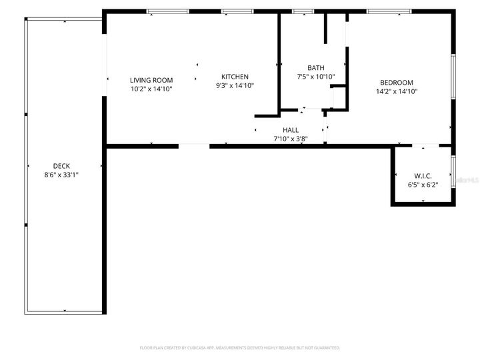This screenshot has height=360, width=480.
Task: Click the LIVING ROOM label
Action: [x=151, y=80]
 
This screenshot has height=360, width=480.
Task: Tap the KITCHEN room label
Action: [x=235, y=77]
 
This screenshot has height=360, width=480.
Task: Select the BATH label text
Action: [x=316, y=68]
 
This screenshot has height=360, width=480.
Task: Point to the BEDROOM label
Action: [x=397, y=83]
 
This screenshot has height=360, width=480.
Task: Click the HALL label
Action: [x=291, y=130]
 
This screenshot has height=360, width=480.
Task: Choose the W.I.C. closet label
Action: [x=423, y=175]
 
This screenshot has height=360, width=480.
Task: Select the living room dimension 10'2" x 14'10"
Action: [x=151, y=89]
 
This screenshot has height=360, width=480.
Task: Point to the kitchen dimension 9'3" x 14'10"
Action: [x=235, y=85]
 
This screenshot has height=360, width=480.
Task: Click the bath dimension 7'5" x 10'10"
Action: [x=316, y=77]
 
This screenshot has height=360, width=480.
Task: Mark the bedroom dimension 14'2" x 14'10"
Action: [x=397, y=91]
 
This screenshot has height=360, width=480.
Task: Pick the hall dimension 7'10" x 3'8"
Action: [x=291, y=139]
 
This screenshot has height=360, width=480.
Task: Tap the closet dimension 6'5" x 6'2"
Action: [x=423, y=184]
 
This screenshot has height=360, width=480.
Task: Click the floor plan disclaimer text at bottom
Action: [x=240, y=347]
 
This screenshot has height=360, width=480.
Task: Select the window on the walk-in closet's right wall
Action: [x=453, y=171]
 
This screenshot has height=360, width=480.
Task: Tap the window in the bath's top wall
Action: [x=303, y=11]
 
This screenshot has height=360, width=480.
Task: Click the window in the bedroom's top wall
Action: [x=389, y=11]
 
